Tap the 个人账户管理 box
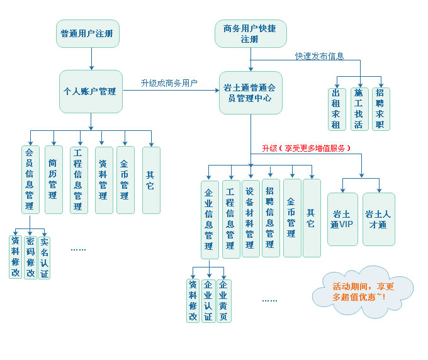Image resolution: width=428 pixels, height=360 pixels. click(x=91, y=91)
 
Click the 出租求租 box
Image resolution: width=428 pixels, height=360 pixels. click(x=339, y=108)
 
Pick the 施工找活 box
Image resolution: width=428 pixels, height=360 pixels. click(x=358, y=108)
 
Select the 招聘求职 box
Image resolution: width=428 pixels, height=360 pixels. click(x=379, y=108)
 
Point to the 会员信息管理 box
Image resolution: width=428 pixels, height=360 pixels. click(x=30, y=179)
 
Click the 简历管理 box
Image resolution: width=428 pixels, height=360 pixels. click(x=53, y=179)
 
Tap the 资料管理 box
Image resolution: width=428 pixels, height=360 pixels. click(x=103, y=179)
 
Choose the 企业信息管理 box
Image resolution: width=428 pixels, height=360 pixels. click(x=210, y=219)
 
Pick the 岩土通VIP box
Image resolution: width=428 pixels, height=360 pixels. click(x=342, y=219)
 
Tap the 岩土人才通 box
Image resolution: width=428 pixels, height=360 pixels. click(x=379, y=219)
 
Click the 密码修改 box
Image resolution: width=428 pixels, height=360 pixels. click(x=30, y=257)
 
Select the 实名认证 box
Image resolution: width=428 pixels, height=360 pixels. click(x=44, y=257)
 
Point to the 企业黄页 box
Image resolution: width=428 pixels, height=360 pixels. click(x=223, y=301)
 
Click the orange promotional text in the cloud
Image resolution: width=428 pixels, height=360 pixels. click(x=363, y=291)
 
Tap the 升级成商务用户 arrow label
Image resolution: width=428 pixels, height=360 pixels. click(x=169, y=83)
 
